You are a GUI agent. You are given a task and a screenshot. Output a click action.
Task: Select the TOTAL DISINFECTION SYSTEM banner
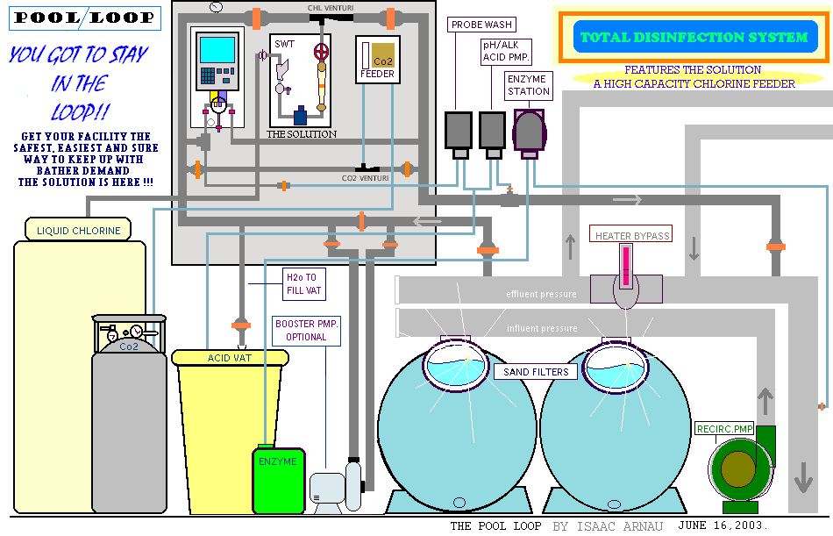coord(693,38)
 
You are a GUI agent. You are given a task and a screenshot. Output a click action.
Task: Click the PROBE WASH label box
coord(481,25)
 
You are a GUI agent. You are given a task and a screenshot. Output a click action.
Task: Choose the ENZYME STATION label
coord(528,84)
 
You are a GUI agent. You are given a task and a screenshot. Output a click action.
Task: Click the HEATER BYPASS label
coord(631,235)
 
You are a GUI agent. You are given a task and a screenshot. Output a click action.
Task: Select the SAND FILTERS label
coord(536,372)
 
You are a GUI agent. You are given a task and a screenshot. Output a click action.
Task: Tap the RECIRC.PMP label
coord(724,429)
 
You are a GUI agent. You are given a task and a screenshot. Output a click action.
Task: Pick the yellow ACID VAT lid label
coord(230,358)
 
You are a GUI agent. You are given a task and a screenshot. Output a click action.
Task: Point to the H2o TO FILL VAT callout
coord(302,282)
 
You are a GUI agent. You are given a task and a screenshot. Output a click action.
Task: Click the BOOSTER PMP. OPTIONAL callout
coord(306,330)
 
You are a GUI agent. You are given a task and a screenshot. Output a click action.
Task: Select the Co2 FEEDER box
coord(378,59)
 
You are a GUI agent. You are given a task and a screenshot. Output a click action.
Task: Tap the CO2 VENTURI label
coord(366,178)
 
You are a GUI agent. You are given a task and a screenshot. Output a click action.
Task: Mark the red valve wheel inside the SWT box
coord(322,50)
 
